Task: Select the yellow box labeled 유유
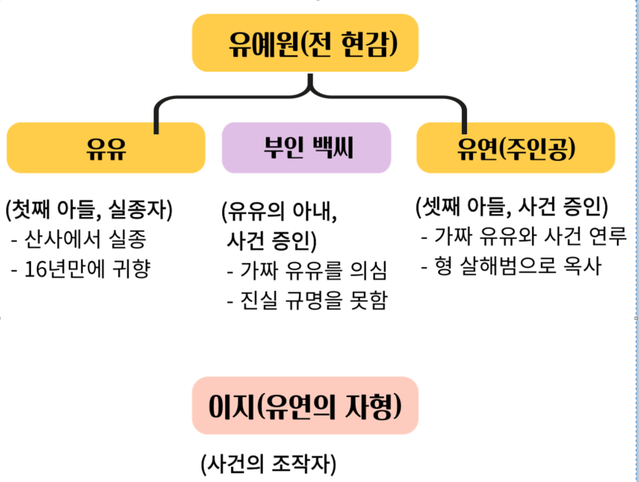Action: tap(106, 148)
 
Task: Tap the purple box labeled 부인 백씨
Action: tap(306, 148)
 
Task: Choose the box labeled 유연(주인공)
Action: tap(515, 148)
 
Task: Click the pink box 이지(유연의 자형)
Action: tap(305, 406)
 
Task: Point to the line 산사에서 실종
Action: tap(79, 239)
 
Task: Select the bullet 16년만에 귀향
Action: tap(80, 268)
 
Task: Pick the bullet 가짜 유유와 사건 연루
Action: tap(524, 236)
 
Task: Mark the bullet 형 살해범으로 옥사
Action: tap(511, 265)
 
